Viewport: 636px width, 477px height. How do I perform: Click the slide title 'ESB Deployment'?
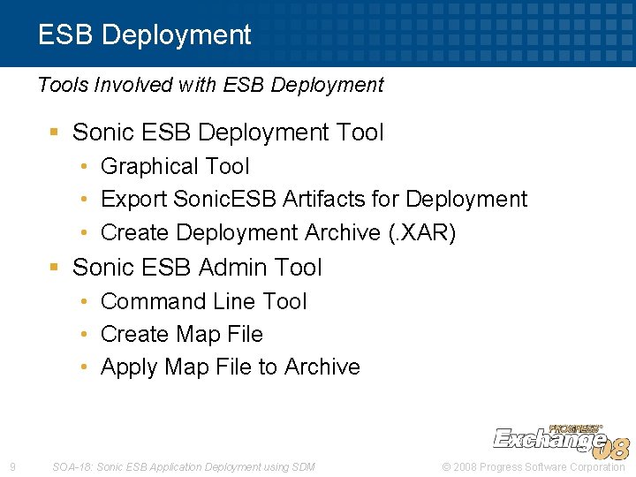click(x=144, y=35)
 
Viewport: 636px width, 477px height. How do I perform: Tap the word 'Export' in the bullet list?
click(x=134, y=200)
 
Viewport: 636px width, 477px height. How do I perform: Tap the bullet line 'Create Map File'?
click(x=182, y=335)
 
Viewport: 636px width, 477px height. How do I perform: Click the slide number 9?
click(x=11, y=466)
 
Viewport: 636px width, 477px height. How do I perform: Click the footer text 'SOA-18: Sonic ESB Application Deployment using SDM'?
click(x=184, y=466)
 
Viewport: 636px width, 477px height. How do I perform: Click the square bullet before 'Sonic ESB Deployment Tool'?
click(x=55, y=132)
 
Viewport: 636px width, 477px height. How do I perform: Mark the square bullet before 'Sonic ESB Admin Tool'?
click(x=55, y=268)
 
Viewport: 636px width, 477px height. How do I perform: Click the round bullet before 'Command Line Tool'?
click(x=83, y=301)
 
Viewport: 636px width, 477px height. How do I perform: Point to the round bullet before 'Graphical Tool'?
click(x=83, y=166)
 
